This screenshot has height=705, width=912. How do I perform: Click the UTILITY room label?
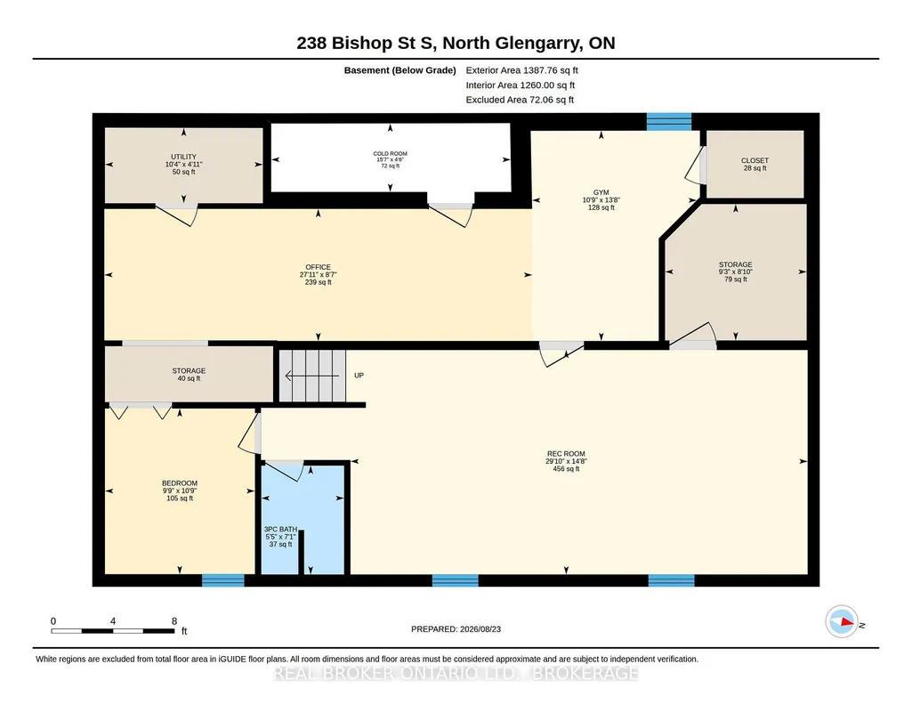pyautogui.click(x=184, y=157)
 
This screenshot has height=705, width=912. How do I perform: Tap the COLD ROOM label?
pyautogui.click(x=391, y=154)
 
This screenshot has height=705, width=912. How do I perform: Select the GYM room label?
pyautogui.click(x=601, y=192)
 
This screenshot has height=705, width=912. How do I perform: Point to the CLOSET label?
pyautogui.click(x=755, y=160)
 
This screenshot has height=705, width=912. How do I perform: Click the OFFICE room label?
pyautogui.click(x=319, y=268)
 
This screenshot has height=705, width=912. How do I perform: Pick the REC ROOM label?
pyautogui.click(x=566, y=454)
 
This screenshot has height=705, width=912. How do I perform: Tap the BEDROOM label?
pyautogui.click(x=180, y=483)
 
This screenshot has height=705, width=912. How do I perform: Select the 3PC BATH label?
pyautogui.click(x=280, y=530)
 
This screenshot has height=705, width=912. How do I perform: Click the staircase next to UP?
pyautogui.click(x=312, y=376)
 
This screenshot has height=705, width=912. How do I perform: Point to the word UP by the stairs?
pyautogui.click(x=359, y=375)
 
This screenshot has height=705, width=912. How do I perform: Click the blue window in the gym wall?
pyautogui.click(x=669, y=122)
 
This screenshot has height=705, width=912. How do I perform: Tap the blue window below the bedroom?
pyautogui.click(x=223, y=580)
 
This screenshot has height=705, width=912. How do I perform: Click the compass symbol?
pyautogui.click(x=842, y=621)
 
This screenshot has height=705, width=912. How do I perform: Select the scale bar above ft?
pyautogui.click(x=113, y=631)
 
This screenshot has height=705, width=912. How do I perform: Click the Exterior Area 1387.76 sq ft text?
pyautogui.click(x=521, y=70)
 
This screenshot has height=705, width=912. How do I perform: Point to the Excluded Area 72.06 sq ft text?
pyautogui.click(x=520, y=100)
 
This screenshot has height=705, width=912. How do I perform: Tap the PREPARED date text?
pyautogui.click(x=456, y=628)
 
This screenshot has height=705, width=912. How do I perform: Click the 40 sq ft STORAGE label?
pyautogui.click(x=189, y=375)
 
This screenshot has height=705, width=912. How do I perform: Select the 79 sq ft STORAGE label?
pyautogui.click(x=735, y=271)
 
